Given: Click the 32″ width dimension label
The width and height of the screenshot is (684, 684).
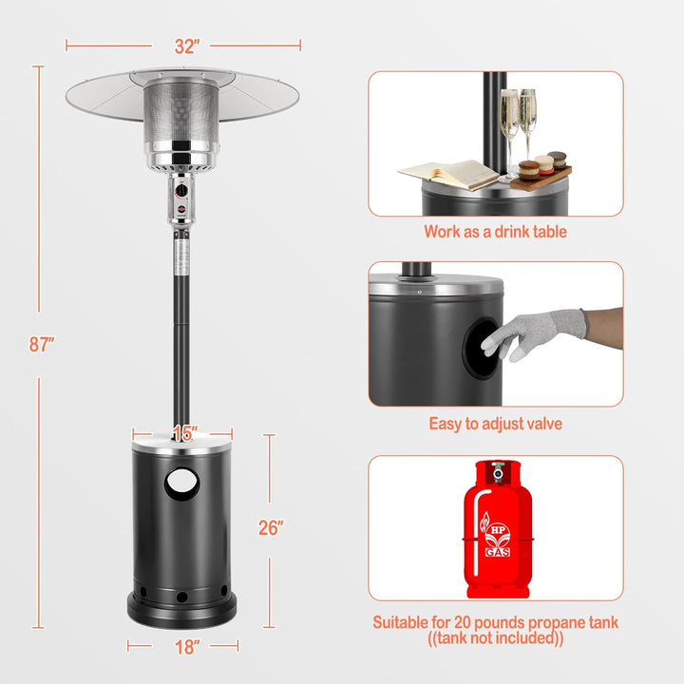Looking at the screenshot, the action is (187, 47).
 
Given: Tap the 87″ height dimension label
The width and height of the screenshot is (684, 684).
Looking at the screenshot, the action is (42, 344).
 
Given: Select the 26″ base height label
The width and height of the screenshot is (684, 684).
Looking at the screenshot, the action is (271, 528).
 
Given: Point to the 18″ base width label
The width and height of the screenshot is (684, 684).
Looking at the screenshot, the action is (187, 647).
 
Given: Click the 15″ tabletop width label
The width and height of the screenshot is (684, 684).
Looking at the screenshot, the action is (185, 433).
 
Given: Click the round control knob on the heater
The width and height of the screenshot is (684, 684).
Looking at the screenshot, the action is (181, 190).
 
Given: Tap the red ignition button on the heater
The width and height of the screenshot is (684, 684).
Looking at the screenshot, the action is (181, 209).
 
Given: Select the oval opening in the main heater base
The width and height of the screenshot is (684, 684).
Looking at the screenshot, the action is (181, 484).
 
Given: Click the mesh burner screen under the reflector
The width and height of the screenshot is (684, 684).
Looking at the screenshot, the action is (181, 112).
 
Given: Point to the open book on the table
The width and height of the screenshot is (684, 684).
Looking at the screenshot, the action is (448, 174).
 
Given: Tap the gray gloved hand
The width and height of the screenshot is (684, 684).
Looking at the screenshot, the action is (534, 332).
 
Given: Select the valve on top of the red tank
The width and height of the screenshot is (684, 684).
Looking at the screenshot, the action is (498, 472).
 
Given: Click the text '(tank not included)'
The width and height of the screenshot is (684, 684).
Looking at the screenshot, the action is (496, 638).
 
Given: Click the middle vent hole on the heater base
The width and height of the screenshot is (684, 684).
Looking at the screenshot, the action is (181, 597).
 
